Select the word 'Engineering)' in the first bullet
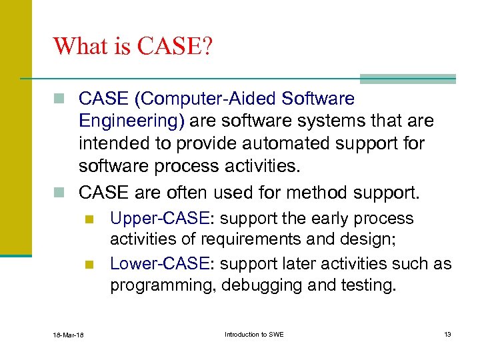[x=133, y=121]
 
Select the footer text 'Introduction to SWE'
[x=254, y=334]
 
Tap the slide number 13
[x=447, y=334]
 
